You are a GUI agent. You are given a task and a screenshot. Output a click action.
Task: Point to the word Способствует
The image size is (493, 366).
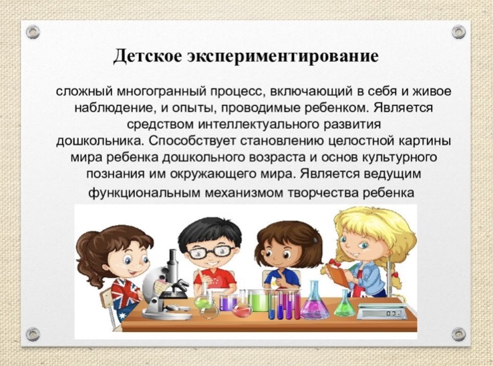192,141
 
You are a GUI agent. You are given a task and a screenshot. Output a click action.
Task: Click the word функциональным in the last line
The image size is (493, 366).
144,192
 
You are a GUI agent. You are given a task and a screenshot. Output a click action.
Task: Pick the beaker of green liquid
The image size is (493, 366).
257,301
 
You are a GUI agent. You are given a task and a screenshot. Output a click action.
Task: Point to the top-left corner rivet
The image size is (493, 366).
33,32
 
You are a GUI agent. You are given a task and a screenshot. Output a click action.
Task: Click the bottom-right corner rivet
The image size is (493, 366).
458,334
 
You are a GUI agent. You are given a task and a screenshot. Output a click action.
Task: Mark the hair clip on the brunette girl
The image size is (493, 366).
315,240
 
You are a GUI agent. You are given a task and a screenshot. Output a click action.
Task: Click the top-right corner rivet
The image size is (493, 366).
458,32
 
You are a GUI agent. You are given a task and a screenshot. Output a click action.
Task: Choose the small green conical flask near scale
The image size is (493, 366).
345,303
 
